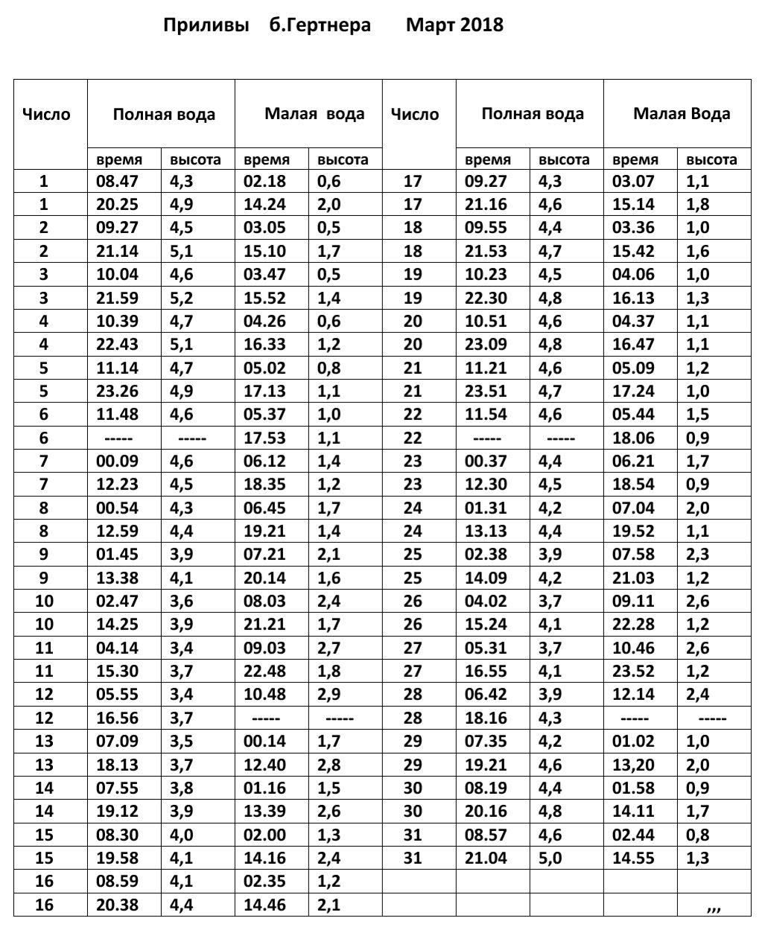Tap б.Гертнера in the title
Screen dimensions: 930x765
click(320, 25)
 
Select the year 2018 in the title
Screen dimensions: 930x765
click(482, 25)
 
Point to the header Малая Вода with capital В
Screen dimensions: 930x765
click(682, 114)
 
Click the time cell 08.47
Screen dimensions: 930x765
click(118, 181)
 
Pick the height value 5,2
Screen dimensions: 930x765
click(182, 298)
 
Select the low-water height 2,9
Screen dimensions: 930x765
click(329, 695)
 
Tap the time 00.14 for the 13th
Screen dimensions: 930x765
click(264, 742)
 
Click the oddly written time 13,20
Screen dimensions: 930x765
click(633, 765)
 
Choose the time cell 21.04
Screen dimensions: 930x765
click(486, 859)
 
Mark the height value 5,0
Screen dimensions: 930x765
click(550, 859)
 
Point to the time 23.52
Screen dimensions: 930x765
click(633, 672)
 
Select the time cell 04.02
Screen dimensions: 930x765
click(486, 601)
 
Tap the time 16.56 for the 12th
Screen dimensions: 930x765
click(118, 718)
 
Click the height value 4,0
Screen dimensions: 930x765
click(182, 835)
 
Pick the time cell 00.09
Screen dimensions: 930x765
click(118, 461)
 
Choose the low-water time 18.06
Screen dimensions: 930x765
click(633, 438)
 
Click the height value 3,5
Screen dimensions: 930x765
click(182, 742)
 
